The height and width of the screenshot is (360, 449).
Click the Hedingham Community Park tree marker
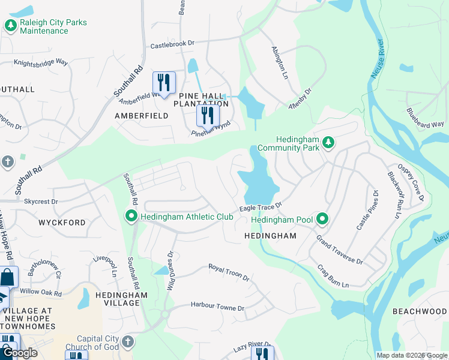[x=328, y=142]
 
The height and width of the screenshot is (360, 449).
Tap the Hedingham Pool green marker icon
[x=322, y=220]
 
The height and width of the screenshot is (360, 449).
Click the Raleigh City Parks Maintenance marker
[x=10, y=26]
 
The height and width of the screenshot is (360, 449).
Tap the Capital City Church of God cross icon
[x=127, y=342]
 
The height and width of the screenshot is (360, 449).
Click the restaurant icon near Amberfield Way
[x=163, y=82]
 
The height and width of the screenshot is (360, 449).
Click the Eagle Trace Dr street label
[x=261, y=207]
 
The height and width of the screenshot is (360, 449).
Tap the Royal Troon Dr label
[x=229, y=272]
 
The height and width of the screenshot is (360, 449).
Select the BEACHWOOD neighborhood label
[x=419, y=311]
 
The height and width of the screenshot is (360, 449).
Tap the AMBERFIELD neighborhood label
[x=142, y=116]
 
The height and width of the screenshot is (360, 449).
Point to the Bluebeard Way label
[x=425, y=118]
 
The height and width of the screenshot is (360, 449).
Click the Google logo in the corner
[x=20, y=353]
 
